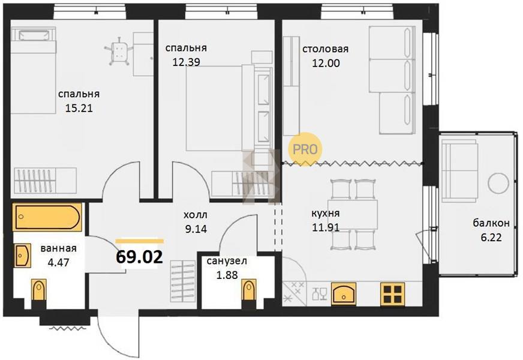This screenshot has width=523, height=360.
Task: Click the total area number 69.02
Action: click(139, 257)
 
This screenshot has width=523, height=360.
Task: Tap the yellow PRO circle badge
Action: click(305, 149)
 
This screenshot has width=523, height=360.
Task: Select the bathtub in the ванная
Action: click(47, 217)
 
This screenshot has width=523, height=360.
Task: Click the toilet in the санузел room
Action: click(248, 290)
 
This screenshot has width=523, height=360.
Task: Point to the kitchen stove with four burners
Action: click(393, 294)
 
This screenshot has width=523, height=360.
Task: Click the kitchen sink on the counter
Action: click(343, 293)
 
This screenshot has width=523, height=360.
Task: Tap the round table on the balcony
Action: click(498, 183)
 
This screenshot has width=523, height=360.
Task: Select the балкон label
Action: click(491, 223)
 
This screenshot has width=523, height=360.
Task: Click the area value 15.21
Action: click(79, 108)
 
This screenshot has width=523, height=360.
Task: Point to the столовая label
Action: click(325, 49)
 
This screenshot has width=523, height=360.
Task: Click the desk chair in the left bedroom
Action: click(119, 51)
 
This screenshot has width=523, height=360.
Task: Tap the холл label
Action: click(196, 215)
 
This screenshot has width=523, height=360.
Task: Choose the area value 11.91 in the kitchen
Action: click(326, 227)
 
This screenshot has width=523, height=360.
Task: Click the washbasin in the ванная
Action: click(23, 255)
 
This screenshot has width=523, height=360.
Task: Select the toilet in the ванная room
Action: click(38, 290)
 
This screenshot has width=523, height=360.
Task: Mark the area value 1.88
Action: click(227, 275)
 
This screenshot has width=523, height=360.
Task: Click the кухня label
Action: click(326, 213)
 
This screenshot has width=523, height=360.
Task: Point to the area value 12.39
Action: click(186, 62)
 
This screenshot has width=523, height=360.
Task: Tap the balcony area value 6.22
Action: click(491, 237)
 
